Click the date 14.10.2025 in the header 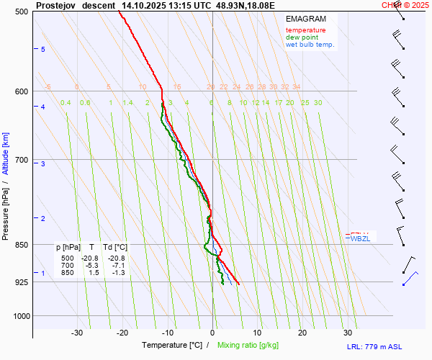coord(145,5)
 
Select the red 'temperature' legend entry coord(305,30)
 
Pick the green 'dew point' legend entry coord(302,37)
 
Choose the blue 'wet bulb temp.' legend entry coord(310,45)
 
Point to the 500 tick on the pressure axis coord(22,12)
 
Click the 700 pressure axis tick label coord(22,160)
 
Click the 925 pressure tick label coord(22,282)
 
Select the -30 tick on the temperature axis coord(77,333)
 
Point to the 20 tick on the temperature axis coord(302,333)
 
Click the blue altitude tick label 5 coord(43,49)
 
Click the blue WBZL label coord(360,238)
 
